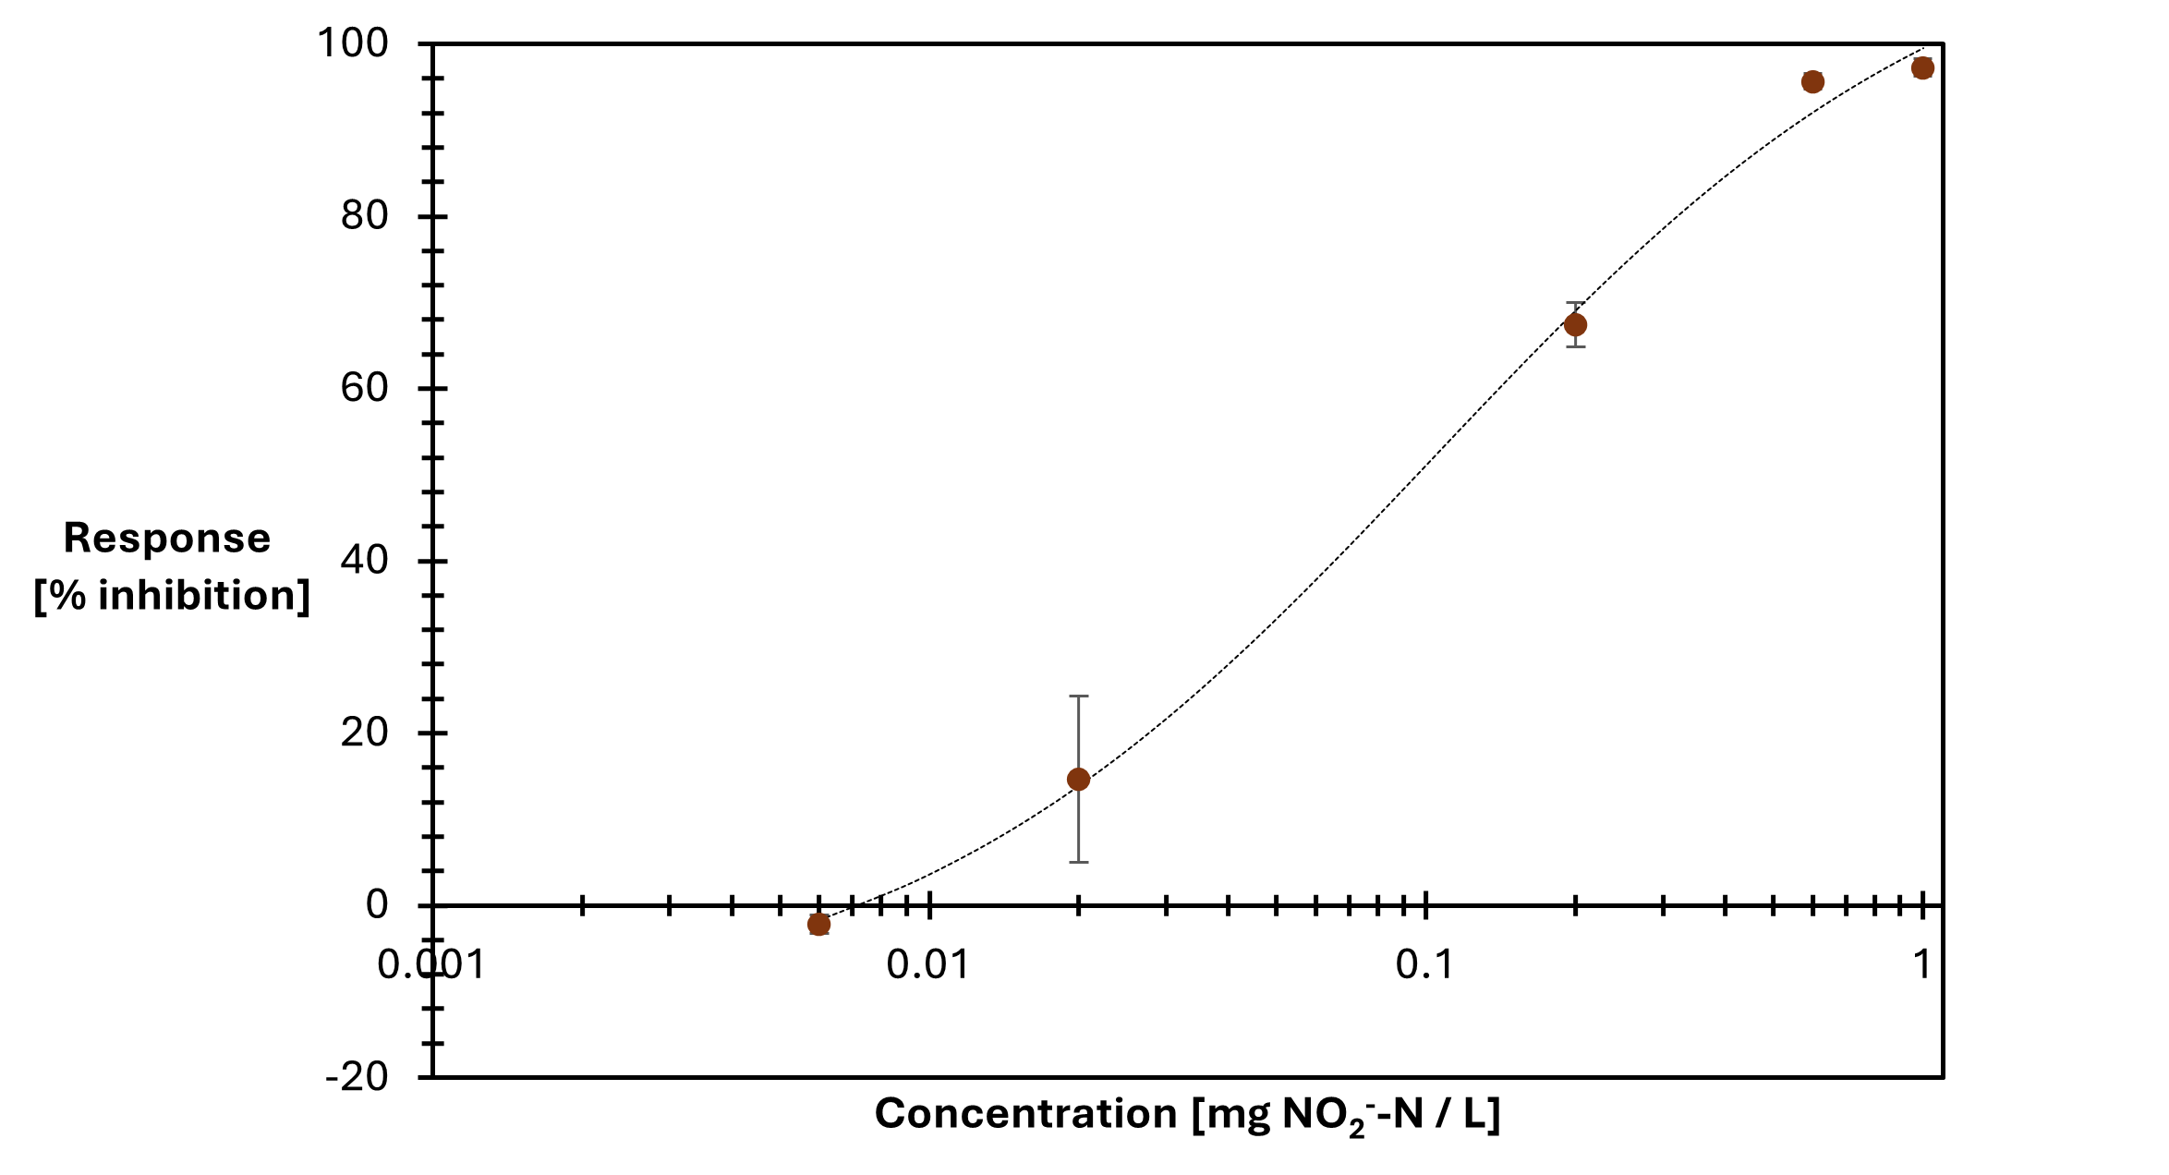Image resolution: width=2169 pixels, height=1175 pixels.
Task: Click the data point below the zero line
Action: tap(818, 924)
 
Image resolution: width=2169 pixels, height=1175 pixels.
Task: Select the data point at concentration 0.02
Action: tap(1078, 780)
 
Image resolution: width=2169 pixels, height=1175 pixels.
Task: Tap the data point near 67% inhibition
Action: tap(1575, 325)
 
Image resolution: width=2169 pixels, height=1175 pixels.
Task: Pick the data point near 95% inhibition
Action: tap(1812, 82)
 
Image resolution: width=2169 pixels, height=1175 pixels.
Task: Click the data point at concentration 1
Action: tap(1922, 68)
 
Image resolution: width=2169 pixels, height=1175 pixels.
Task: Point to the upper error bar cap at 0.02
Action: tap(1078, 697)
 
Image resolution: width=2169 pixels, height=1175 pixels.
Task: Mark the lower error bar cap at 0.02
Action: tap(1078, 862)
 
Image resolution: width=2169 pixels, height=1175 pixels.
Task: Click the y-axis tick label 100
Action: tap(353, 43)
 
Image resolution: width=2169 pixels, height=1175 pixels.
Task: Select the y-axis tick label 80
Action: tap(364, 216)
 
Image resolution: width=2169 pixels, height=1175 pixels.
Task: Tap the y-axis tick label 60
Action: tap(364, 388)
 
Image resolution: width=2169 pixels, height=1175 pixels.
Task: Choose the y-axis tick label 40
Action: tap(364, 561)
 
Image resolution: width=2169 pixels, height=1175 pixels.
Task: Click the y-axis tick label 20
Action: tap(364, 733)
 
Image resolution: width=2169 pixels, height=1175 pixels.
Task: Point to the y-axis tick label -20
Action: tap(357, 1077)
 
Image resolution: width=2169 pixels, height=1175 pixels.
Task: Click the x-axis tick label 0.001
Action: tap(431, 965)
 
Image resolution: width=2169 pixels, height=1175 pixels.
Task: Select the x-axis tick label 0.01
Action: tap(927, 965)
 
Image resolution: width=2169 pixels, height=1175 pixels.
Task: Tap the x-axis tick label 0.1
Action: tap(1424, 965)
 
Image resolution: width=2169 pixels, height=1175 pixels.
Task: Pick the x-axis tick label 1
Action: tap(1922, 965)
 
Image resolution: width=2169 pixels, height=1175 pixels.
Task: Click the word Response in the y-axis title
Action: tap(167, 539)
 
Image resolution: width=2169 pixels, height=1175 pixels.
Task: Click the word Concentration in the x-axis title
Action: tap(1025, 1114)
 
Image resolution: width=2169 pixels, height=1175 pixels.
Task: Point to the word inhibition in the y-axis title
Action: tap(203, 596)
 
